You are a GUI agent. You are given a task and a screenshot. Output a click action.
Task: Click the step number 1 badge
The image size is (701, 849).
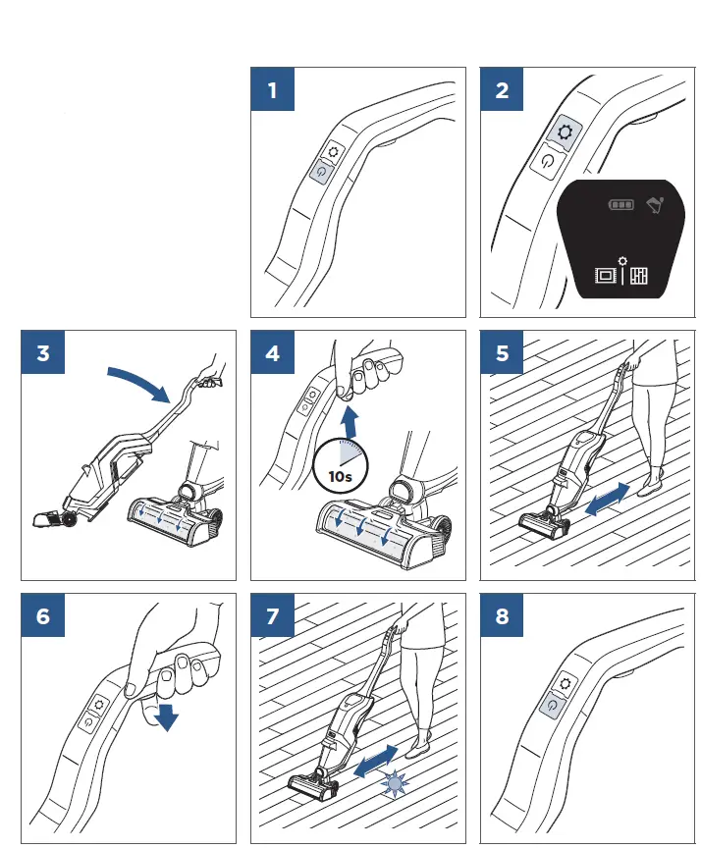tap(273, 91)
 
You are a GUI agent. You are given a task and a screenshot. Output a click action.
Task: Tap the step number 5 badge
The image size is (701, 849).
tap(503, 353)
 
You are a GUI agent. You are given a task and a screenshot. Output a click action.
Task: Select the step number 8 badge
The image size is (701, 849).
tap(503, 616)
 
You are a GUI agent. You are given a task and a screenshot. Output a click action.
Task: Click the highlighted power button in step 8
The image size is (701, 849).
tap(554, 704)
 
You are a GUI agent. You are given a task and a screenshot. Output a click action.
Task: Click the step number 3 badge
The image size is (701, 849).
tap(43, 353)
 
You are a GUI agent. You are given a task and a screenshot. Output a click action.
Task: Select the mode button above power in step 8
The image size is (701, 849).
tap(565, 682)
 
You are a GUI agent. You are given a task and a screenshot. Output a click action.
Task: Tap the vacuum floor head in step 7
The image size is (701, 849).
tap(312, 784)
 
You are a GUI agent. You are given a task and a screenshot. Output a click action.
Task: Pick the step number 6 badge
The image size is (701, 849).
tap(43, 616)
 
